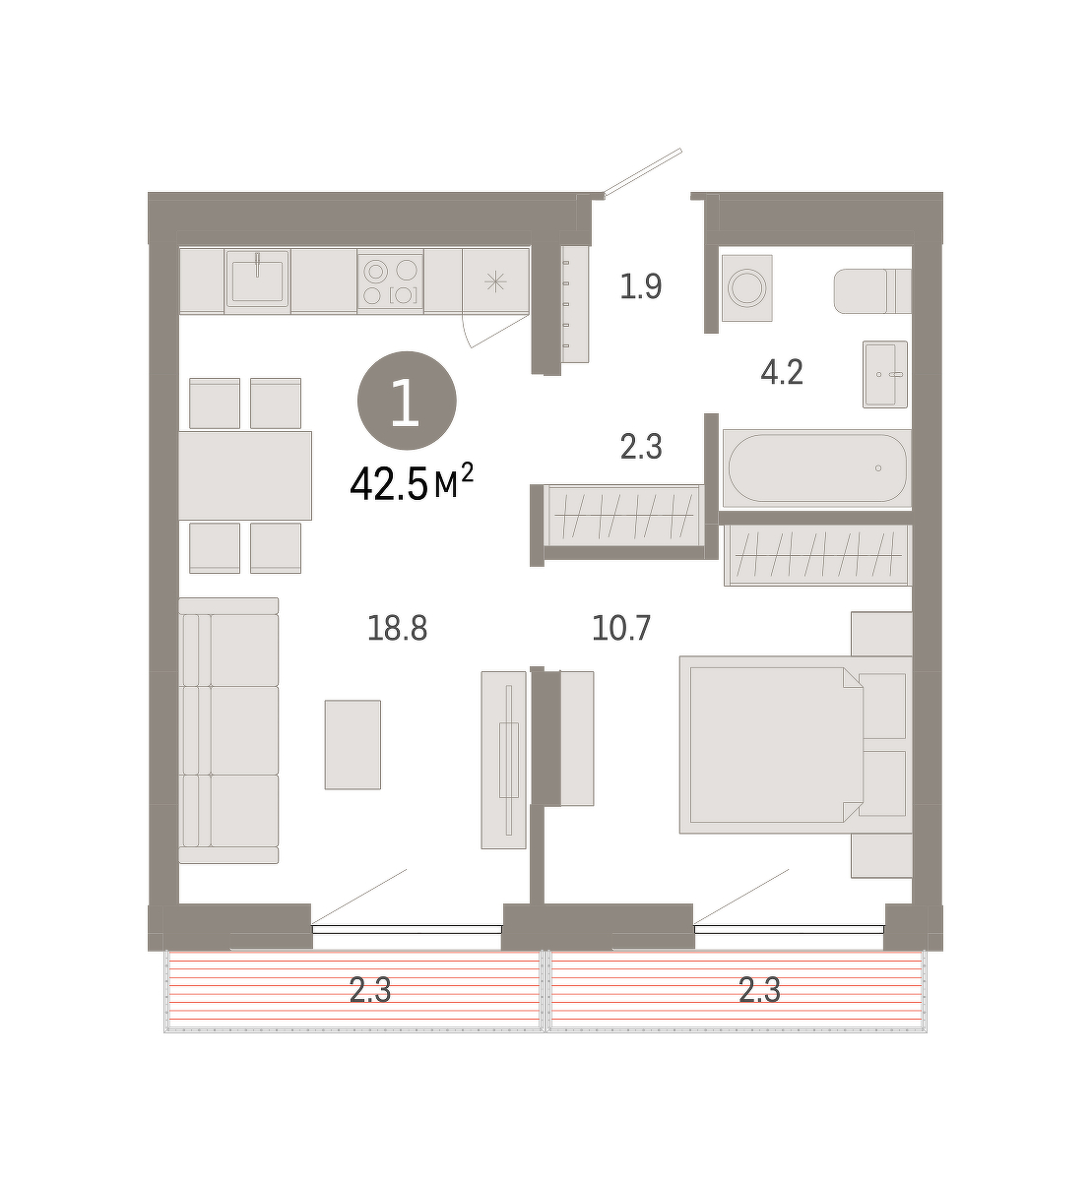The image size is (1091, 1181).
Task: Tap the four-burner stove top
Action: click(390, 281)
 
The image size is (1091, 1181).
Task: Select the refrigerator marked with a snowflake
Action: click(495, 280)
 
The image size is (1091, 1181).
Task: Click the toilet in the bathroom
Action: click(872, 291)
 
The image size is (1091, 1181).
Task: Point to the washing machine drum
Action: click(747, 287)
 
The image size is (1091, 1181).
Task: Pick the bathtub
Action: click(816, 468)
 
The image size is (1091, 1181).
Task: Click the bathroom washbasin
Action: click(884, 374)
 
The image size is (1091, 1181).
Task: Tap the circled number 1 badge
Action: click(407, 401)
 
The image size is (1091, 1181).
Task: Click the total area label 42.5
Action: click(389, 484)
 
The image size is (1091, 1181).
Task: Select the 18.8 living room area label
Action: click(398, 628)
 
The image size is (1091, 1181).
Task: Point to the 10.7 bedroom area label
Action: click(621, 628)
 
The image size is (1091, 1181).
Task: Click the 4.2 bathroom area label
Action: click(782, 373)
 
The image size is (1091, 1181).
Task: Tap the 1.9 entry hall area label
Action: click(641, 287)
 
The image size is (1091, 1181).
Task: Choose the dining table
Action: click(245, 475)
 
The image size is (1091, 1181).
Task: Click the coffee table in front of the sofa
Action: click(353, 744)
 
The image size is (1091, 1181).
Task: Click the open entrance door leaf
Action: click(643, 172)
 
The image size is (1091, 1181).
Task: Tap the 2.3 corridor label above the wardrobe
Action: click(641, 447)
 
